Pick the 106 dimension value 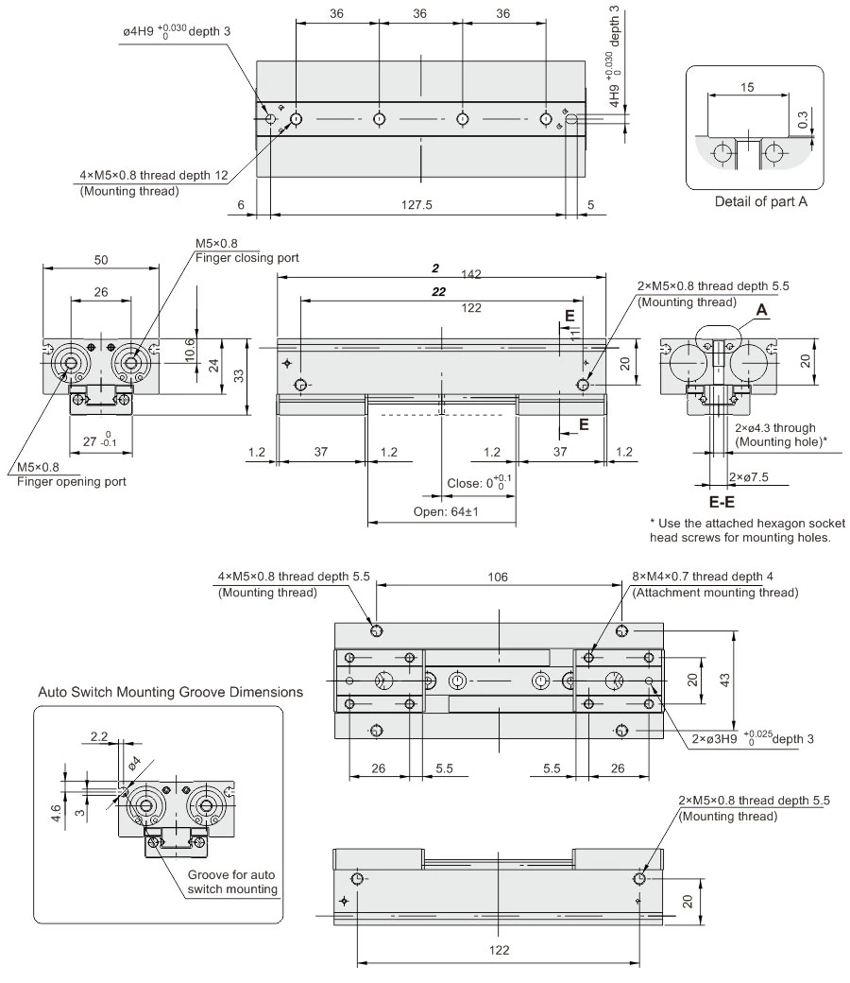(x=499, y=577)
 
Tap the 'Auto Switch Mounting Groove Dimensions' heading (x=171, y=692)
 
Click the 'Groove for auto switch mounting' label (x=232, y=882)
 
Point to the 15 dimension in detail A (x=747, y=87)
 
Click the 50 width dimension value (x=99, y=259)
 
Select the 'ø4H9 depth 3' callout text (x=177, y=31)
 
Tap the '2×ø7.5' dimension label (x=753, y=477)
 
